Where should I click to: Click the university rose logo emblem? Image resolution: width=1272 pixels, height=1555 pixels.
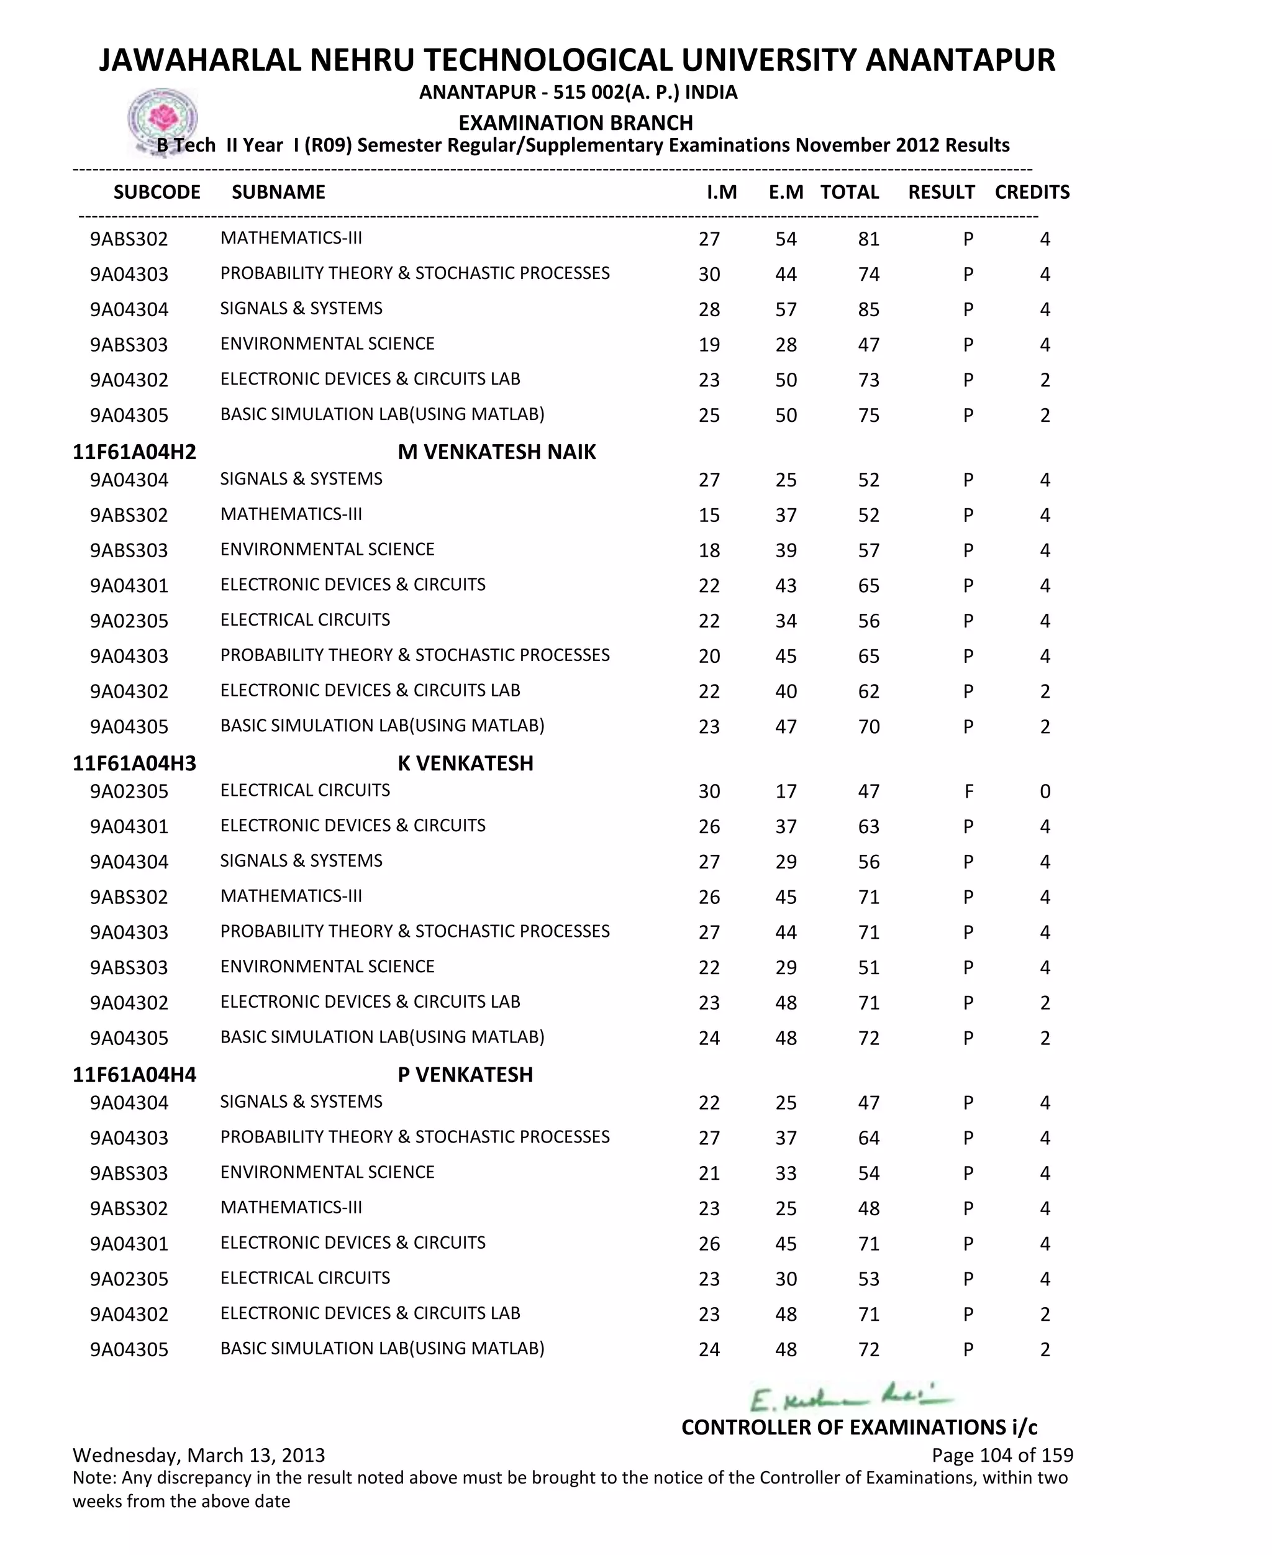click(x=163, y=119)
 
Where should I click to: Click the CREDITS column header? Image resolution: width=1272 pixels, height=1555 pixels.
click(x=1032, y=192)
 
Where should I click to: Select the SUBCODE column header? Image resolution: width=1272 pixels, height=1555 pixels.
click(x=157, y=192)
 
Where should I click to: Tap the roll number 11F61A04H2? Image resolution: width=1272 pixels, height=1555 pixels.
click(x=134, y=452)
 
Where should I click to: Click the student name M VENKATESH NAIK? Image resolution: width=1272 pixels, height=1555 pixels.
click(x=497, y=452)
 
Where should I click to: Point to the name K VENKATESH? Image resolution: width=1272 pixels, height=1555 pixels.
click(x=465, y=764)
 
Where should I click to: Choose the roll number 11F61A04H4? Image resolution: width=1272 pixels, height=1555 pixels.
click(x=134, y=1075)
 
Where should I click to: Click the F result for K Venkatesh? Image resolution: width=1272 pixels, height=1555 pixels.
click(x=969, y=791)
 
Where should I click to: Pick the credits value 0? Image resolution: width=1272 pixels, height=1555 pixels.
click(x=1045, y=791)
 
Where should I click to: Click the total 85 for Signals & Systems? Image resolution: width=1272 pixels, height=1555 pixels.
click(x=868, y=310)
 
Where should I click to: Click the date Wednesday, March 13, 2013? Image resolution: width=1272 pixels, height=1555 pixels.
click(x=199, y=1456)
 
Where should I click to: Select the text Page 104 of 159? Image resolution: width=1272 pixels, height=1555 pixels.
click(x=1002, y=1456)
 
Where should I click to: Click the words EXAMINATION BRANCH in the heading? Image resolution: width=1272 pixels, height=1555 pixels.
click(x=575, y=123)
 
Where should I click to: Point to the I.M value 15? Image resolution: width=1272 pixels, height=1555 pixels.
click(x=709, y=515)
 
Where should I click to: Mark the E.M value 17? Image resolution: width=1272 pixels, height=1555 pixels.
click(x=786, y=791)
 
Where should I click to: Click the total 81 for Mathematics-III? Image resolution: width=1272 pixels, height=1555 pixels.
click(x=868, y=240)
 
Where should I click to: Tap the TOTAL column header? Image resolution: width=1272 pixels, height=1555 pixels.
click(x=849, y=192)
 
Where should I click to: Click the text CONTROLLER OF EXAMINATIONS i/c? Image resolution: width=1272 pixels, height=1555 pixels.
click(x=859, y=1428)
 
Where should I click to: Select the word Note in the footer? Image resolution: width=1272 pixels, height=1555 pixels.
click(x=93, y=1478)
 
